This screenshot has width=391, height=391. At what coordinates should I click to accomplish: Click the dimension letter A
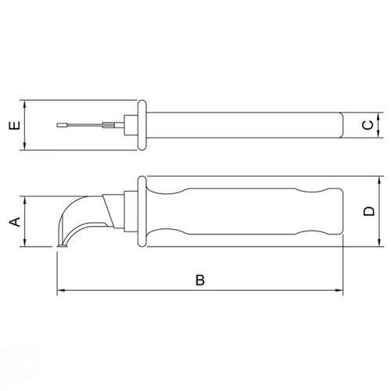coord(15,221)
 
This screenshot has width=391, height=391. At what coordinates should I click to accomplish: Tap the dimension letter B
coord(200,280)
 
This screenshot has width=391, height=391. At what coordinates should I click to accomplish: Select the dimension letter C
coord(368,125)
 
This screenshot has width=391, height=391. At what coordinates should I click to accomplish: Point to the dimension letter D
coord(369,211)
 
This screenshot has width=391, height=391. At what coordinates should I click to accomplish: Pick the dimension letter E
coord(15,125)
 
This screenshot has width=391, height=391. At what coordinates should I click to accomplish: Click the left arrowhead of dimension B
coord(61,290)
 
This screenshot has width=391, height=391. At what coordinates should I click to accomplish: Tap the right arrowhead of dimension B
coord(339,290)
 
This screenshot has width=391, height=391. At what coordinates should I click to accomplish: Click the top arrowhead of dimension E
coord(24,104)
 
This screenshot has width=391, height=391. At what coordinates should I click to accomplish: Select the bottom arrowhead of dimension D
coord(379,242)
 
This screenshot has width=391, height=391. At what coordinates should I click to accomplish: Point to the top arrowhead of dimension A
coord(24,200)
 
